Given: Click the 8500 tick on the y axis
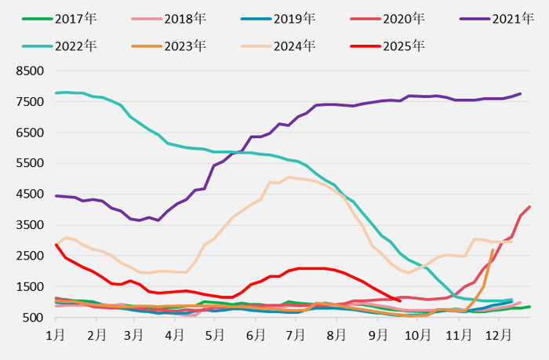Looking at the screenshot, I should (28, 71).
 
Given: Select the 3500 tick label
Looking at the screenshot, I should (28, 225).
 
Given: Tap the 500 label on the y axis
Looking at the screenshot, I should (32, 318).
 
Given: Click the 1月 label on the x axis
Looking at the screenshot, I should (55, 335).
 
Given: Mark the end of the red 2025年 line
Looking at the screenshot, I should (400, 300).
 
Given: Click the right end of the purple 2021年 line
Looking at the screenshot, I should (520, 94).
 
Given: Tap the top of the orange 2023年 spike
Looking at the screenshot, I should (493, 250).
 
